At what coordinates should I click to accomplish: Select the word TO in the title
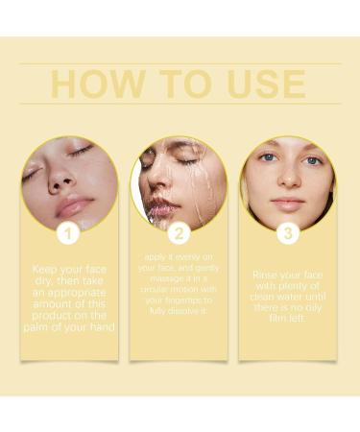pyautogui.click(x=180, y=84)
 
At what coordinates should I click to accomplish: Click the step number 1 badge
pyautogui.click(x=67, y=232)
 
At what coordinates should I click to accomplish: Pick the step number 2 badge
pyautogui.click(x=179, y=232)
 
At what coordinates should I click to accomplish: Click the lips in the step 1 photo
pyautogui.click(x=74, y=204)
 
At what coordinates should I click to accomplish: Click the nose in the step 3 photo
pyautogui.click(x=288, y=181)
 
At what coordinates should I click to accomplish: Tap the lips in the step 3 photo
pyautogui.click(x=288, y=203)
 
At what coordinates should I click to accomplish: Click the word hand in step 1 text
pyautogui.click(x=96, y=327)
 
